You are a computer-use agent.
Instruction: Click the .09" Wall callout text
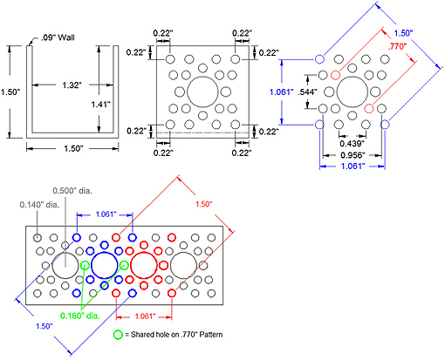click(x=60, y=37)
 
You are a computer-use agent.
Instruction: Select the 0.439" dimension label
click(x=353, y=143)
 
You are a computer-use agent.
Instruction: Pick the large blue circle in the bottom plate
click(x=105, y=267)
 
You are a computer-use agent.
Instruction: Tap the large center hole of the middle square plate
click(x=202, y=90)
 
